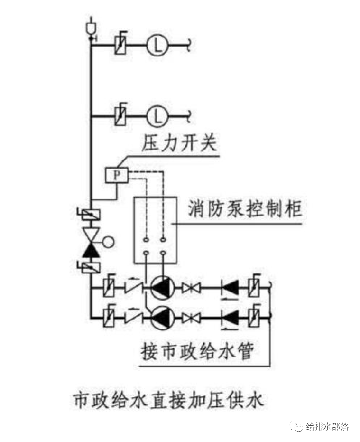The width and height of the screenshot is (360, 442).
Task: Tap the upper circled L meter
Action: [x=154, y=45]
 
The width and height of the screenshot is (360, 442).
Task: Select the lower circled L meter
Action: [x=154, y=114]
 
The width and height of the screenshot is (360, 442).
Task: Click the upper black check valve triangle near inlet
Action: [x=231, y=287]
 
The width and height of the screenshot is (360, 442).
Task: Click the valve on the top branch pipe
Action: [x=120, y=45]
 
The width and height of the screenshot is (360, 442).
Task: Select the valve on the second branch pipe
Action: [x=120, y=114]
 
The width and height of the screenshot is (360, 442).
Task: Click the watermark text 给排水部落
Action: [x=327, y=426]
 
